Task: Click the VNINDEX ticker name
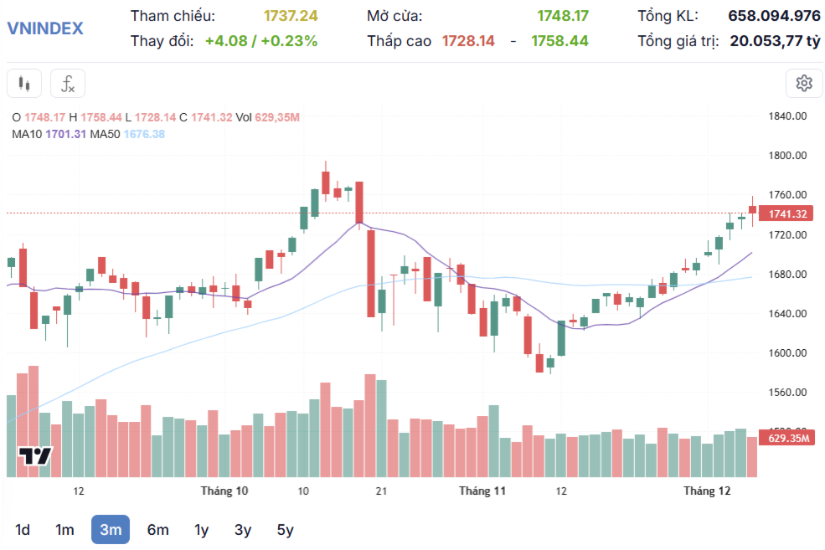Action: pyautogui.click(x=45, y=28)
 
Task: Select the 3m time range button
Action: pyautogui.click(x=111, y=529)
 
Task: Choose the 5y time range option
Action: pyautogui.click(x=286, y=529)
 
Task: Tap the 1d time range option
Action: pyautogui.click(x=23, y=529)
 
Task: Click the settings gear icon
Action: pyautogui.click(x=804, y=83)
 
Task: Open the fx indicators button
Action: pyautogui.click(x=68, y=84)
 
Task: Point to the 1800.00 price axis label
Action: pyautogui.click(x=786, y=156)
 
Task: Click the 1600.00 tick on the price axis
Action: pyautogui.click(x=786, y=353)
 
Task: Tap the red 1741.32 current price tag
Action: pyautogui.click(x=786, y=214)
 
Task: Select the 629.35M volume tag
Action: pyautogui.click(x=786, y=438)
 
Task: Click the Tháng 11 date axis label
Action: pyautogui.click(x=482, y=491)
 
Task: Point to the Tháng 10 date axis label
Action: pyautogui.click(x=224, y=491)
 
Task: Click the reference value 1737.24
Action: pyautogui.click(x=291, y=16)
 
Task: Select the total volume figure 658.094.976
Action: pyautogui.click(x=774, y=16)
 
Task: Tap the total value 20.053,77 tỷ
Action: pyautogui.click(x=775, y=41)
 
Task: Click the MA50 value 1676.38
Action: pyautogui.click(x=144, y=134)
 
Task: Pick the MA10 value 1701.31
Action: pyautogui.click(x=65, y=134)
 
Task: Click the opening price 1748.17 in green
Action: pyautogui.click(x=563, y=16)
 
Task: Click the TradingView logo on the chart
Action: pyautogui.click(x=36, y=456)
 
